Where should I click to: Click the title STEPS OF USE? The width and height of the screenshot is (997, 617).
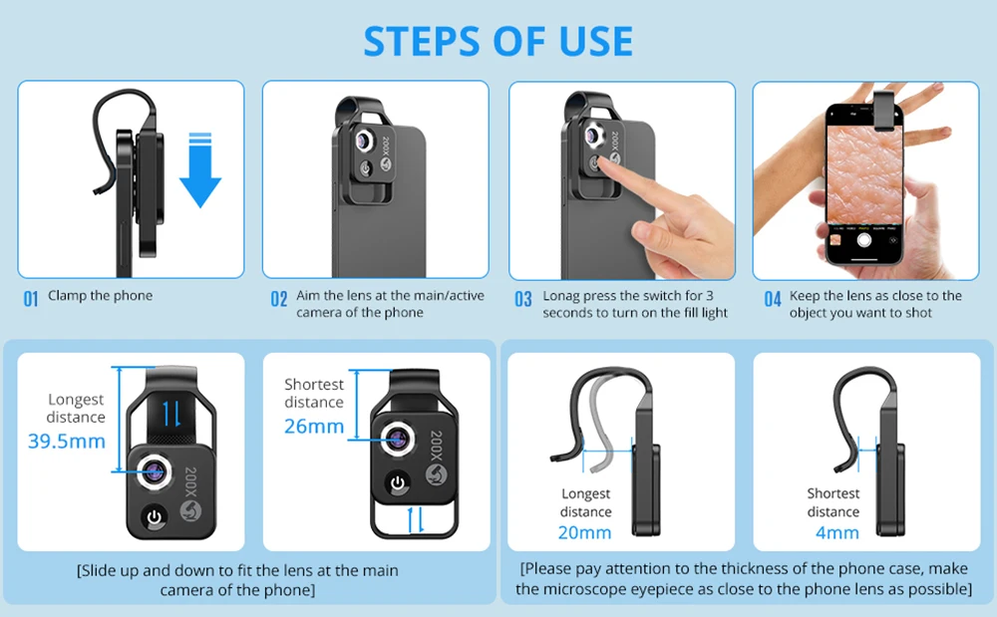tap(498, 42)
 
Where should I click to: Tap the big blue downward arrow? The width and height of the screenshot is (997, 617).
tap(200, 170)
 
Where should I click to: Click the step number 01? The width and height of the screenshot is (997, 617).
tap(31, 299)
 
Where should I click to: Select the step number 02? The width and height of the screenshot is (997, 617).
tap(279, 299)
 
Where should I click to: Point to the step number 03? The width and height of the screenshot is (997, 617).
tap(523, 299)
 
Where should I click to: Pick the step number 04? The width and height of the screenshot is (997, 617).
tap(773, 299)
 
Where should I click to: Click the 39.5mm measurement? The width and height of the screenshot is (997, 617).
tap(67, 441)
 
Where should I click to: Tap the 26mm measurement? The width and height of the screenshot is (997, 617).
tap(314, 426)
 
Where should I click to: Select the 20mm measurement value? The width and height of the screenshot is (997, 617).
tap(585, 532)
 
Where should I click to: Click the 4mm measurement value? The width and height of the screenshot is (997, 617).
tap(836, 532)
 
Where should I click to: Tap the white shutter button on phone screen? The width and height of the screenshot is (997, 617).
tap(864, 240)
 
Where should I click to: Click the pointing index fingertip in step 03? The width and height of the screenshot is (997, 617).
tap(603, 162)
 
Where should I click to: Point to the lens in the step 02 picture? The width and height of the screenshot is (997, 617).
tap(364, 142)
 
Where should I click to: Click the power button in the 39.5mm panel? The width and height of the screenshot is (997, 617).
tap(155, 518)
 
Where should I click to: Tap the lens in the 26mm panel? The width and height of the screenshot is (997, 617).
tap(398, 439)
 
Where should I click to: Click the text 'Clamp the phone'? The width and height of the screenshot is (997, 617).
tap(101, 295)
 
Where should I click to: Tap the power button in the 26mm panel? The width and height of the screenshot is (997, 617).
tap(398, 483)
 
